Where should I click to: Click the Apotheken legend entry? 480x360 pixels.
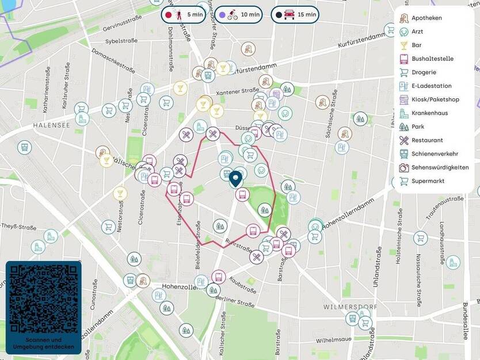tap(426, 18)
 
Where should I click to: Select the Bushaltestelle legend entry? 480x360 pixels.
tap(432, 59)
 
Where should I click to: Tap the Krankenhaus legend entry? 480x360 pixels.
tap(429, 113)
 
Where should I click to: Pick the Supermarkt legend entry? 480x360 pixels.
tap(428, 181)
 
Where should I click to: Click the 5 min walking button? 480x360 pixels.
tap(183, 14)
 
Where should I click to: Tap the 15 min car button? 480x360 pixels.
tap(295, 14)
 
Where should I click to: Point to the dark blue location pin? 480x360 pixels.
tap(235, 179)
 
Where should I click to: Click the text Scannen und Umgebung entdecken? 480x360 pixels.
tap(44, 343)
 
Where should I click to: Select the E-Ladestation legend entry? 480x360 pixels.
tap(431, 86)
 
